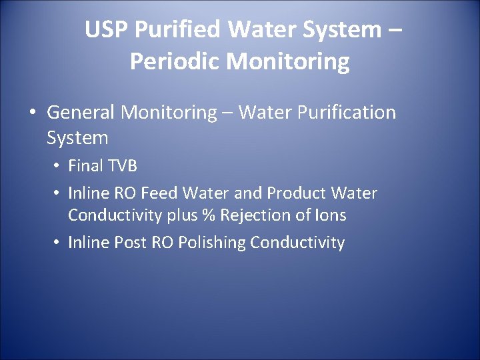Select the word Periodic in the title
[x=174, y=61]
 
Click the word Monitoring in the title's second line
[x=288, y=61]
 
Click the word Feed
[x=159, y=193]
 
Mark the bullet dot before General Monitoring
[x=33, y=113]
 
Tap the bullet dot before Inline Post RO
[x=58, y=243]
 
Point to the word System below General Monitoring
[x=77, y=139]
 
